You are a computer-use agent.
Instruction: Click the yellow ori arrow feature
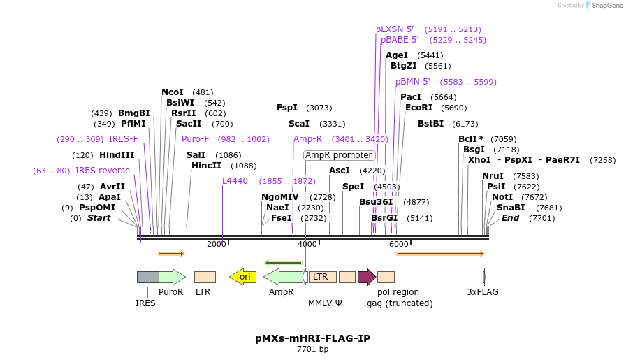click(242, 277)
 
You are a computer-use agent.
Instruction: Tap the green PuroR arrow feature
click(172, 277)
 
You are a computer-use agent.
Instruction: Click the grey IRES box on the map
click(147, 277)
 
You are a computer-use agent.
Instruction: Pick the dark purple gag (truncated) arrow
click(366, 277)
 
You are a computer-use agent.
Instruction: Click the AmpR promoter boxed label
click(340, 155)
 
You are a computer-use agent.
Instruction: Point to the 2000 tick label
click(217, 244)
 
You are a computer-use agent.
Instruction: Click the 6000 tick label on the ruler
click(398, 244)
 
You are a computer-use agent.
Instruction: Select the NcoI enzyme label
click(173, 92)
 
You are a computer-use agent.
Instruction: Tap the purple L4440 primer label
click(235, 181)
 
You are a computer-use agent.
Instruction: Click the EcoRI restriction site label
click(418, 108)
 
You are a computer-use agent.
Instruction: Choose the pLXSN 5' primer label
click(395, 29)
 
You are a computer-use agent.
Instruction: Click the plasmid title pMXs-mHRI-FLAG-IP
click(312, 338)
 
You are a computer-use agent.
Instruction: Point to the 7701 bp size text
click(312, 349)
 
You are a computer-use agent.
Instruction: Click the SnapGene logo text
click(604, 6)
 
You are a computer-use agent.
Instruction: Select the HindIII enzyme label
click(117, 155)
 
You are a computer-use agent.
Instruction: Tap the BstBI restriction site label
click(430, 124)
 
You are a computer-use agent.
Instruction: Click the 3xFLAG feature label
click(483, 292)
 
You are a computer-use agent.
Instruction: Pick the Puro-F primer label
click(195, 139)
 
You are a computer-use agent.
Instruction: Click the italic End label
click(510, 218)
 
